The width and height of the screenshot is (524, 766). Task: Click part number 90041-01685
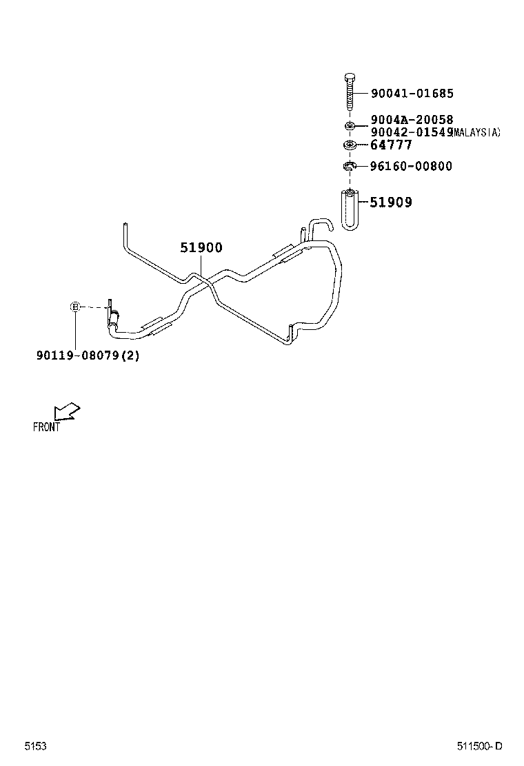(x=412, y=94)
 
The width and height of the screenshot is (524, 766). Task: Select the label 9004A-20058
(x=412, y=120)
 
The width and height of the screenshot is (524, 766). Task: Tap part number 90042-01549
(x=411, y=132)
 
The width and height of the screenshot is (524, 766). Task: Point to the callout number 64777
(x=391, y=145)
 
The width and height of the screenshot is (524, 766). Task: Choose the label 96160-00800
(x=411, y=166)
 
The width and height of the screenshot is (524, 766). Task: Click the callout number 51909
(x=391, y=203)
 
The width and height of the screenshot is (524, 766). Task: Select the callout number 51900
(x=201, y=248)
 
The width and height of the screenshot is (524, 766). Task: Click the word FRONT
(x=47, y=427)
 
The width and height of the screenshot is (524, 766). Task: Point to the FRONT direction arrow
(x=67, y=411)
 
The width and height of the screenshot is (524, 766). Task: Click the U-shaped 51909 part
(x=350, y=210)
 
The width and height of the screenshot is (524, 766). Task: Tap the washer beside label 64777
(x=350, y=145)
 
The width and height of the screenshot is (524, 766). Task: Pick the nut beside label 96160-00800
(x=350, y=166)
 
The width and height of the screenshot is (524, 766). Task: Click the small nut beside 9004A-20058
(x=350, y=125)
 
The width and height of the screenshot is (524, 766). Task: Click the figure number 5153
(x=35, y=746)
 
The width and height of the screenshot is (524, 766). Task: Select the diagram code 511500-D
(x=479, y=746)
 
